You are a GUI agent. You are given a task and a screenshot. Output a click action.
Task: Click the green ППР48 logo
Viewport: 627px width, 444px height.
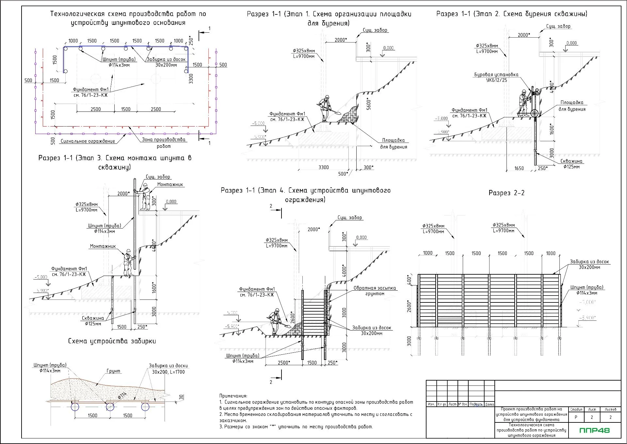tap(594, 430)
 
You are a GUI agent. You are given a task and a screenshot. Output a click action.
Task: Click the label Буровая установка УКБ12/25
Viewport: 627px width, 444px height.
tap(496, 77)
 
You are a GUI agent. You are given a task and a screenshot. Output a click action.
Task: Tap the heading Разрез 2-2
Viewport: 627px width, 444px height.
tap(506, 193)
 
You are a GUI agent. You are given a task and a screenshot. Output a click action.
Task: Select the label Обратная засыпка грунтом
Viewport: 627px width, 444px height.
tap(375, 291)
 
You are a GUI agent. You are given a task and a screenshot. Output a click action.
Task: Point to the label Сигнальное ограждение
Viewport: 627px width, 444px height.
tap(88, 141)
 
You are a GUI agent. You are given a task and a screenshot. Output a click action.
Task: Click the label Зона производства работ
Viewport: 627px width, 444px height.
tap(164, 143)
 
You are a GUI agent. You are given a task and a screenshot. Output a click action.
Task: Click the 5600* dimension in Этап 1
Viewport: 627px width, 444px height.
tap(369, 104)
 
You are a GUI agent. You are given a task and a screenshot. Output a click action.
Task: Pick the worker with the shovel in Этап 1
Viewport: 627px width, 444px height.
tap(325, 108)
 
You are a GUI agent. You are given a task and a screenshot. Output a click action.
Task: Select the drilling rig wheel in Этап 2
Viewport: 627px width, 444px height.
tap(534, 113)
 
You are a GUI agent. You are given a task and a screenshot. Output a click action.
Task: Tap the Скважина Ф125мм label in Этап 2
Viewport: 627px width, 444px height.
tap(571, 164)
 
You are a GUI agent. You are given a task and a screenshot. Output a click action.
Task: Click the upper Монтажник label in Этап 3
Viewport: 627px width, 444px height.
tap(170, 184)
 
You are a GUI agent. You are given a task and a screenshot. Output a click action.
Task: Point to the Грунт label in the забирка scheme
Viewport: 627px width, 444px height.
tap(113, 371)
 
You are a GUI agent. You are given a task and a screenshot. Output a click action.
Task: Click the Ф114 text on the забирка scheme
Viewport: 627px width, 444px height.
tap(122, 396)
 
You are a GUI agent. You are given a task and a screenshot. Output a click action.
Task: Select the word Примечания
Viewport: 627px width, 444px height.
tap(233, 396)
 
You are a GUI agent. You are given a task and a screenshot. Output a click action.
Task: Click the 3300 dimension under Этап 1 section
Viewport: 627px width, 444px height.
tap(324, 167)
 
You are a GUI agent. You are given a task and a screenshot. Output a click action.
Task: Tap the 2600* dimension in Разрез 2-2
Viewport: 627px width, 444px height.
tap(409, 306)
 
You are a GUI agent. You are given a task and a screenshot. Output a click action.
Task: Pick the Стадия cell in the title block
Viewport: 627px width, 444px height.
tap(576, 409)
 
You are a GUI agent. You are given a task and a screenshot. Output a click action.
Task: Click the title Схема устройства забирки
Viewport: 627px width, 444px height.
tap(112, 341)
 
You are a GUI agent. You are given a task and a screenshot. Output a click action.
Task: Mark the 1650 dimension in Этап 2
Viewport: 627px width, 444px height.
tap(519, 168)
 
